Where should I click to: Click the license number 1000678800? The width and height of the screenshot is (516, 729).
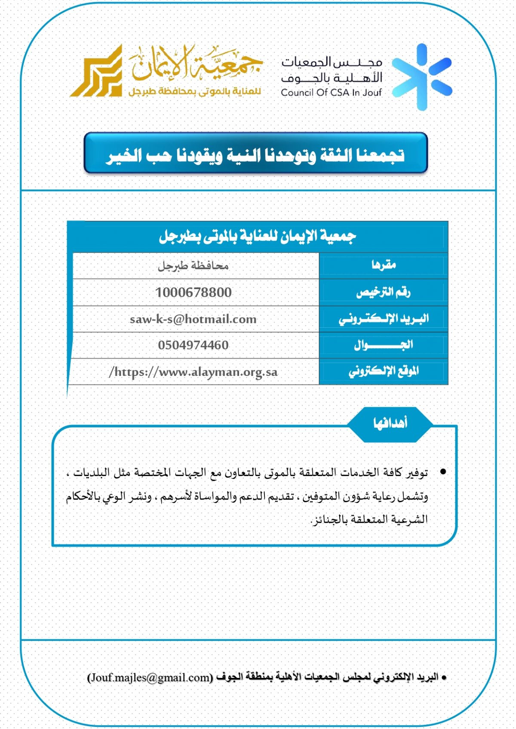tap(193, 293)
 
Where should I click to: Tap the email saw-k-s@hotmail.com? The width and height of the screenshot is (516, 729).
tap(193, 319)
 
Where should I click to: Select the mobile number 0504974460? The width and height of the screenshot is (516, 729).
tap(193, 345)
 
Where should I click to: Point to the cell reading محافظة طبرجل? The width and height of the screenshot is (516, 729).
tap(193, 266)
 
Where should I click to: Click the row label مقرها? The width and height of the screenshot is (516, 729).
tap(384, 265)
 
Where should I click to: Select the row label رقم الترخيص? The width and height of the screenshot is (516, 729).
tap(383, 293)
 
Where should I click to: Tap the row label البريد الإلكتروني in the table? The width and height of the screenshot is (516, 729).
tap(383, 319)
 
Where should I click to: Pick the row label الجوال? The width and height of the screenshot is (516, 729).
tap(383, 345)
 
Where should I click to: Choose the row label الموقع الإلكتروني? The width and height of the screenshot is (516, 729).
tap(383, 371)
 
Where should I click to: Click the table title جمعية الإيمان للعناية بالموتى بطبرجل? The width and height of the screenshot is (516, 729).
tap(257, 236)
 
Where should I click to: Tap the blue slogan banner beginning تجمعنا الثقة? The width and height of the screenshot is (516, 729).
tap(256, 153)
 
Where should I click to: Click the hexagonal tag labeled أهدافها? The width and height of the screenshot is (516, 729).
tap(390, 424)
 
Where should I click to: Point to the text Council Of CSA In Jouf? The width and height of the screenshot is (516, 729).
tap(331, 92)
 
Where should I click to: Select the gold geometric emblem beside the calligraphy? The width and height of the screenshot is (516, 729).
tap(97, 72)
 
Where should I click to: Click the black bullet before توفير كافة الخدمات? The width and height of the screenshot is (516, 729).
tap(443, 472)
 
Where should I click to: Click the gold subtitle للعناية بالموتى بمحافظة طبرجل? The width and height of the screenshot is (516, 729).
tap(194, 92)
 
